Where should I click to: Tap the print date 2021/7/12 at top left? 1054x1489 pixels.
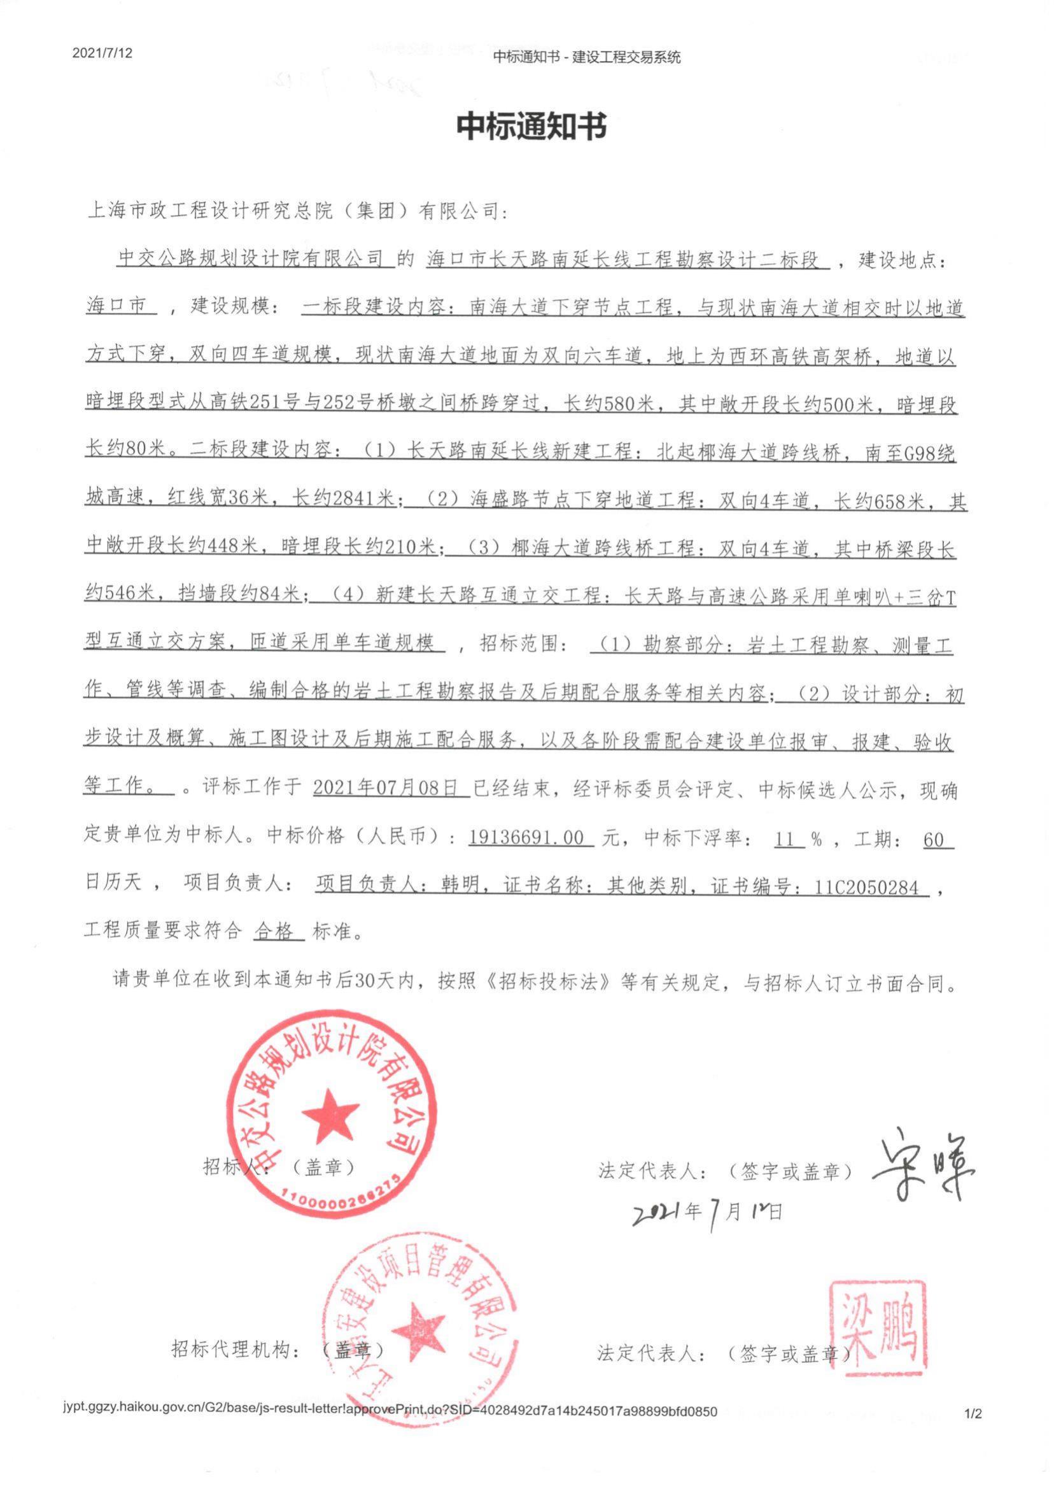tap(102, 53)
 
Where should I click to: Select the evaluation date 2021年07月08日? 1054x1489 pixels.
tap(391, 789)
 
